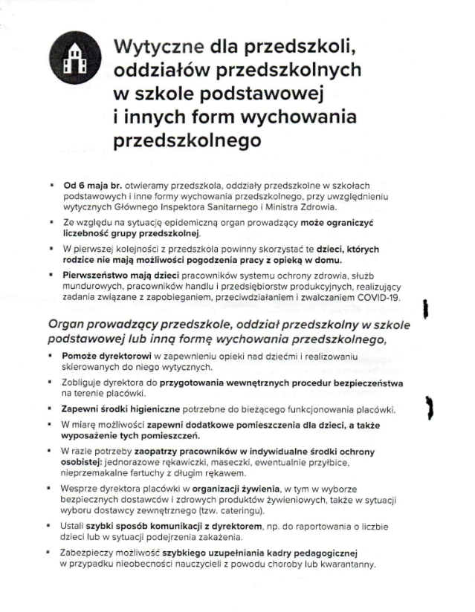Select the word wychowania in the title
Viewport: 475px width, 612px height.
coord(297,117)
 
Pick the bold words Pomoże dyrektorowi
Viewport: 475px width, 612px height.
coord(101,357)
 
